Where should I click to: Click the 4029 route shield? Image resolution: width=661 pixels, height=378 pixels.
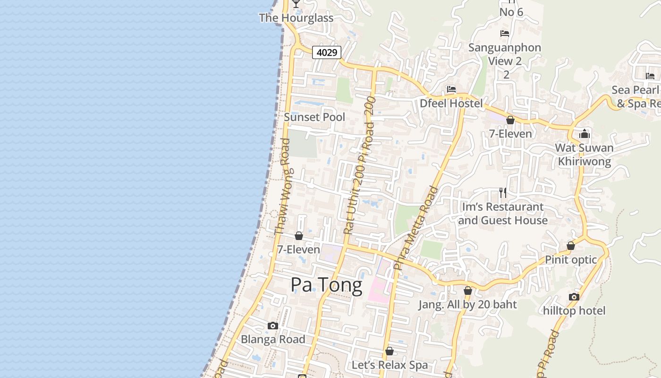[x=327, y=52]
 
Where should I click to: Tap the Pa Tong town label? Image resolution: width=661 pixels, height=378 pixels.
[x=326, y=285]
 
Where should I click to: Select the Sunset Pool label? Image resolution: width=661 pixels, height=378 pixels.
[x=314, y=117]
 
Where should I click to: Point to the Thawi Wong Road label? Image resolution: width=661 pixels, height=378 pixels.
[x=282, y=187]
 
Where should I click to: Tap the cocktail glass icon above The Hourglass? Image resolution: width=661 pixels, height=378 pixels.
[x=296, y=4]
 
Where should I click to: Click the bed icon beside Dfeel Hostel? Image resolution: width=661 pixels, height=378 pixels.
[x=451, y=89]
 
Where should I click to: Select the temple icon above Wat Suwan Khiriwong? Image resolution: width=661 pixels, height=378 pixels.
[x=585, y=134]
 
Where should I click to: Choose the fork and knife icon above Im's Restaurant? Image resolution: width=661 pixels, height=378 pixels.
[x=503, y=193]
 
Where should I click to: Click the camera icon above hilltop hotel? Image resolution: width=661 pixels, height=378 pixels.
[x=574, y=297]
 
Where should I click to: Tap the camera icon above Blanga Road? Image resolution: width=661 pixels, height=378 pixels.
[x=272, y=326]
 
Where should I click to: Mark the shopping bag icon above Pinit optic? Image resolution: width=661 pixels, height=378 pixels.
[x=571, y=246]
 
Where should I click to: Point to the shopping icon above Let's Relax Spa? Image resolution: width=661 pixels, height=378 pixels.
[x=390, y=351]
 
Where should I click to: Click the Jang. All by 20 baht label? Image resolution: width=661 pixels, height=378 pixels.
[x=467, y=305]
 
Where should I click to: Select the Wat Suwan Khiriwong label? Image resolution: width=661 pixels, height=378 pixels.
[x=585, y=155]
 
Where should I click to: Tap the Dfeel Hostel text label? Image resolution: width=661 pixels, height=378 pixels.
[x=451, y=103]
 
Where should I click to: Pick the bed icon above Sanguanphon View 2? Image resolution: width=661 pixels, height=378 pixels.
[x=504, y=34]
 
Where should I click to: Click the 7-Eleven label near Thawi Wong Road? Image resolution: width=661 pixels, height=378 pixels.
[x=298, y=249]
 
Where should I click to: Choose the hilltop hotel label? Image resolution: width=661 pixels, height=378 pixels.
[x=574, y=311]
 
